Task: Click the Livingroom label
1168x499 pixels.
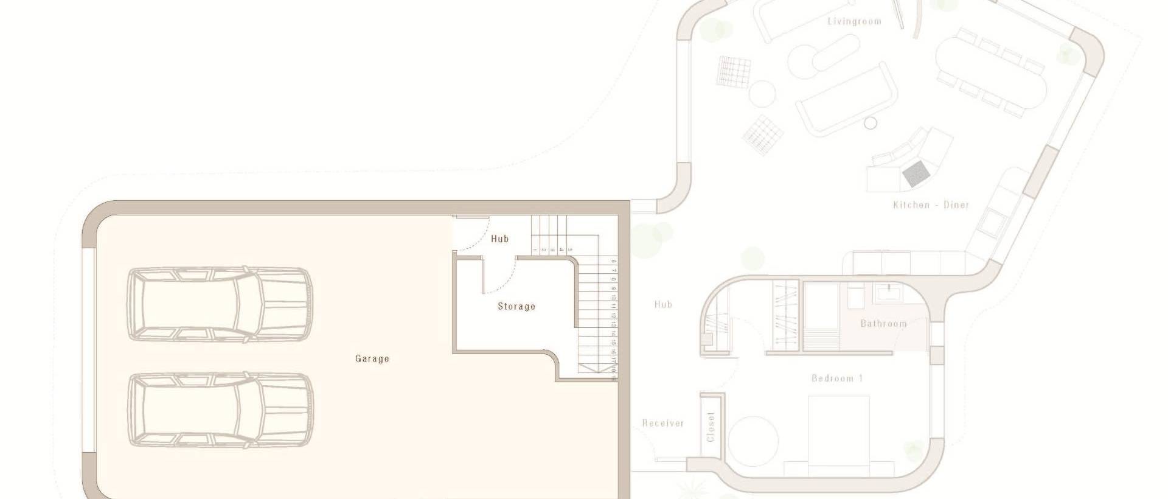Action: pyautogui.click(x=854, y=21)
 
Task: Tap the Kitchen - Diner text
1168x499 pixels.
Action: pyautogui.click(x=931, y=205)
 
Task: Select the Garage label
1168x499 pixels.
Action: pyautogui.click(x=372, y=359)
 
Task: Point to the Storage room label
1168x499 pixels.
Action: pyautogui.click(x=516, y=306)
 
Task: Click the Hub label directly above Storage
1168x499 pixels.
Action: pyautogui.click(x=499, y=239)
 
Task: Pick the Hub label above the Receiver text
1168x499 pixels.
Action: pyautogui.click(x=663, y=304)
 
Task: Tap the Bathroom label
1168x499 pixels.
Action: pyautogui.click(x=883, y=324)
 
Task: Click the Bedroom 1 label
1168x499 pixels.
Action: pyautogui.click(x=837, y=379)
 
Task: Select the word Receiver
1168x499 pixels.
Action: pyautogui.click(x=663, y=423)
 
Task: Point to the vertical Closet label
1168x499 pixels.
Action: pyautogui.click(x=711, y=427)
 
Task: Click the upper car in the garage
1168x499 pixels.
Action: pyautogui.click(x=220, y=303)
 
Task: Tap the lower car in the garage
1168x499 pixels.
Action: pyautogui.click(x=220, y=410)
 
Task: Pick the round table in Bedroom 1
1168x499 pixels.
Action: pyautogui.click(x=753, y=441)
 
